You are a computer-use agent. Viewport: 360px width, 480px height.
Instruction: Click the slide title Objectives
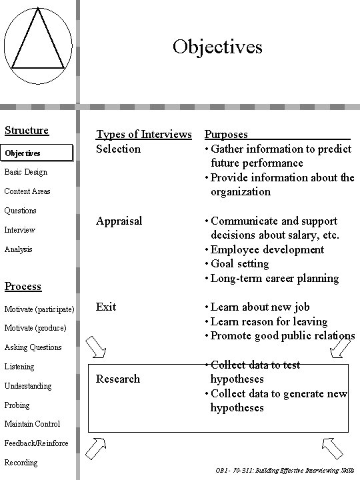coord(217,47)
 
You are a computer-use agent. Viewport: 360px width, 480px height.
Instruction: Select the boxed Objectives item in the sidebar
coord(36,153)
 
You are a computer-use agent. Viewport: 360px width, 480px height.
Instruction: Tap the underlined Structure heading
coord(27,131)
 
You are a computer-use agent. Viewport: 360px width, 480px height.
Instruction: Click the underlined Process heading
coord(23,286)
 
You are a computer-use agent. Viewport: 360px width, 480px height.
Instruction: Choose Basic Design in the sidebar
coord(26,172)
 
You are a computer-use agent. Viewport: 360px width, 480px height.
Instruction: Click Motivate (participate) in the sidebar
coord(39,309)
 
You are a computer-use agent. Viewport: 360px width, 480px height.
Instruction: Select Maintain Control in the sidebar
coord(32,424)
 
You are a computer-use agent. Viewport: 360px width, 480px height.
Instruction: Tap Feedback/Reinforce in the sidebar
coord(36,443)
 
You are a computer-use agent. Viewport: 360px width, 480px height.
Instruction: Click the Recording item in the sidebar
coord(21,463)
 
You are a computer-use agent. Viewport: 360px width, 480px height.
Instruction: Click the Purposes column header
coord(227,135)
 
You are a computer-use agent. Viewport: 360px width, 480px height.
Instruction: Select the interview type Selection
coord(118,149)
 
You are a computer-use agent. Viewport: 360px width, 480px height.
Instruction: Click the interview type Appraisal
coord(119,221)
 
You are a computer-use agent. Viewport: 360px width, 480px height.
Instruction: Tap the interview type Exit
coord(106,307)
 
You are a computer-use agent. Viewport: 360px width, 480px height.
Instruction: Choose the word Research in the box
coord(118,379)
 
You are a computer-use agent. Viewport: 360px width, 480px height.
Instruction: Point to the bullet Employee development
coord(267,249)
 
